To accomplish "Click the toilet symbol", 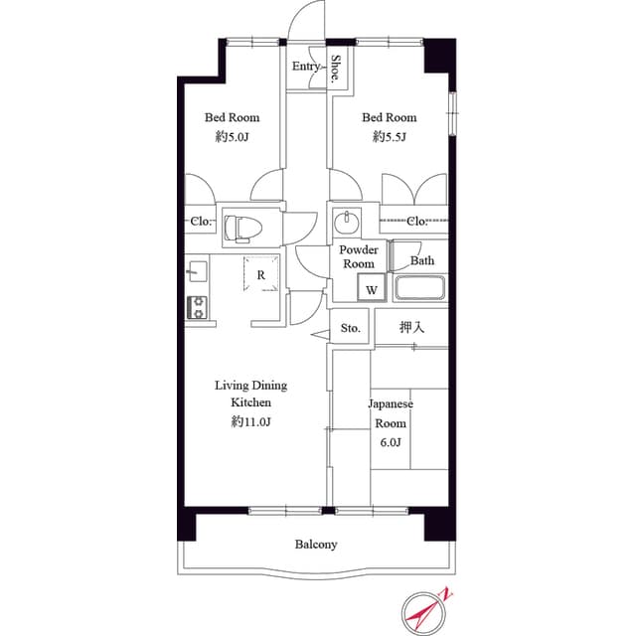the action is point(242,229).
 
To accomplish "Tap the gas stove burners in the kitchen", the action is point(197,307).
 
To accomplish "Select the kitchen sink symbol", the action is point(197,271).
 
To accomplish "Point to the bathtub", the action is point(420,288).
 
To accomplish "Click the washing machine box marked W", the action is point(372,287).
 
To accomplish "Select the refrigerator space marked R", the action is point(261,274).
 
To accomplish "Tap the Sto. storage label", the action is point(351,328).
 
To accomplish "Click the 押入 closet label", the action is point(411,327).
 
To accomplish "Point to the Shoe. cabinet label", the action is point(336,69).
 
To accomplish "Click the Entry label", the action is point(306,67).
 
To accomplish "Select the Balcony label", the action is point(316,544).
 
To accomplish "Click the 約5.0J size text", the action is point(232,137).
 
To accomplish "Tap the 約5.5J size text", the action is point(389,137).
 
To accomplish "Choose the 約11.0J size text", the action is point(250,421).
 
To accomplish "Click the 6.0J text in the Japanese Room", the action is point(391,441).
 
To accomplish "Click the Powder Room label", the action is point(359,256).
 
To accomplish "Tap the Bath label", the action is point(422,260).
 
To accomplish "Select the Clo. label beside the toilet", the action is point(201,222).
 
